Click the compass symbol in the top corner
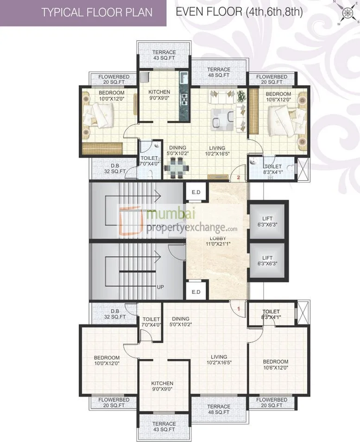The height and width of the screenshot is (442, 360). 346,12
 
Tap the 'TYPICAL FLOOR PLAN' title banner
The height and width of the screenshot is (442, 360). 84,13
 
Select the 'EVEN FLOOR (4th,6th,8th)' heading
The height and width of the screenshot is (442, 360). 240,12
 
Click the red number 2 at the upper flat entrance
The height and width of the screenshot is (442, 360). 238,177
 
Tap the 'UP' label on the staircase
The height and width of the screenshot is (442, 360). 160,287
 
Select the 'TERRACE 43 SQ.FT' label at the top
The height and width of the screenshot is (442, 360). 164,55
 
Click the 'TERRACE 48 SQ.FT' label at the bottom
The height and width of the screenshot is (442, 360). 218,409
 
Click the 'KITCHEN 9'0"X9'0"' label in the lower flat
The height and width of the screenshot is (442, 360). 162,386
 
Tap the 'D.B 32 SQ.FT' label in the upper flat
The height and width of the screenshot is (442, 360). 116,169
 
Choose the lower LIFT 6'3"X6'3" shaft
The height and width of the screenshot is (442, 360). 268,260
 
